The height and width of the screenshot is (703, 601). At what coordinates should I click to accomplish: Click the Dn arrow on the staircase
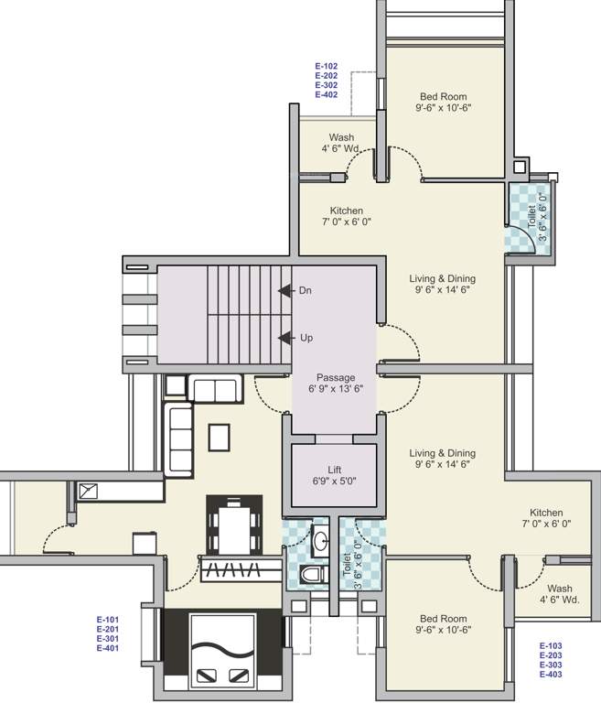(285, 290)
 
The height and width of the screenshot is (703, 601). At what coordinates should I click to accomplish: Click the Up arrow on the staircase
(285, 337)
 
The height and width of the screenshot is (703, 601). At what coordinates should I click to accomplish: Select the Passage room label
(336, 377)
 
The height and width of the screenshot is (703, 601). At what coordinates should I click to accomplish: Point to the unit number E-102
(327, 67)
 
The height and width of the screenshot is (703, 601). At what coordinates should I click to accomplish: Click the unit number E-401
(108, 648)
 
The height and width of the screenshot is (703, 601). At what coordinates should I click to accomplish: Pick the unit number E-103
(551, 645)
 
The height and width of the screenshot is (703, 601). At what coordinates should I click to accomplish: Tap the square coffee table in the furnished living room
(219, 438)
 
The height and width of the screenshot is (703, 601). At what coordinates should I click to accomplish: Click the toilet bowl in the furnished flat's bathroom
(310, 575)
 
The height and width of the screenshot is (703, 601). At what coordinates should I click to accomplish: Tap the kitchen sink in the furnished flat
(89, 492)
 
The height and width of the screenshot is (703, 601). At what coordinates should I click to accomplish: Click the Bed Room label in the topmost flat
(444, 96)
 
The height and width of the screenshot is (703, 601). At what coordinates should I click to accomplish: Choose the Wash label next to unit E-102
(341, 138)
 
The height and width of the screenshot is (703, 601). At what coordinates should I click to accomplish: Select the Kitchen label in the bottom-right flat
(546, 513)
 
